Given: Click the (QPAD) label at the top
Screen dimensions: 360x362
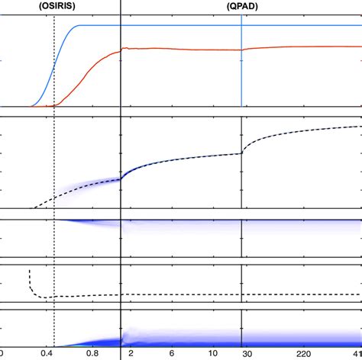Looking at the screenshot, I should coord(241,5).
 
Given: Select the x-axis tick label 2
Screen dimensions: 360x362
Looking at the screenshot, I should coord(131,354).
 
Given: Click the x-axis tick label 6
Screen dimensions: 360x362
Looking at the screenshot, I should coord(172,354).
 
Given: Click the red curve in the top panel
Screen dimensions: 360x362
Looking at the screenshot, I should coord(191,49).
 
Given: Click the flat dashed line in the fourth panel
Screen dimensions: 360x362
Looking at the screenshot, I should coord(229,294).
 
